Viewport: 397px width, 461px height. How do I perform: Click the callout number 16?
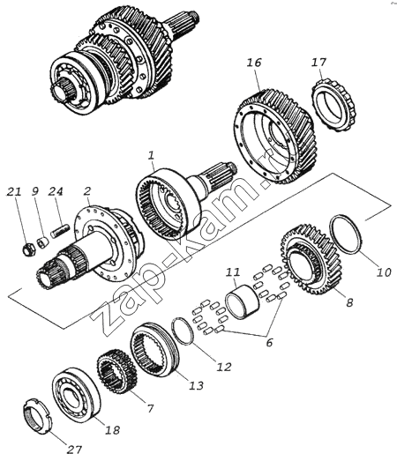[x=254, y=63]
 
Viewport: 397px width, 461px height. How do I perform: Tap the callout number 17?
[x=319, y=63]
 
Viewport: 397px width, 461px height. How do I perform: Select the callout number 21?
[x=14, y=191]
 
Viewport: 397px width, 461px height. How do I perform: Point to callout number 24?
[x=56, y=191]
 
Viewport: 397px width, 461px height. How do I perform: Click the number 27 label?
[x=73, y=450]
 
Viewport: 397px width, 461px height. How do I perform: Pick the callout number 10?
[x=384, y=272]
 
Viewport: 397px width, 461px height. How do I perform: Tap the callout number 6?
[x=269, y=342]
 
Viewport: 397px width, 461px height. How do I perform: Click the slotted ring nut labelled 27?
[x=38, y=417]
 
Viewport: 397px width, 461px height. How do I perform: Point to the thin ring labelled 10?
[x=346, y=234]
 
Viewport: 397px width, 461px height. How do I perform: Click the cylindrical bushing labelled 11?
[x=243, y=301]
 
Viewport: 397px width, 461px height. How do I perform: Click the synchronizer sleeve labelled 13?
[x=154, y=349]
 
